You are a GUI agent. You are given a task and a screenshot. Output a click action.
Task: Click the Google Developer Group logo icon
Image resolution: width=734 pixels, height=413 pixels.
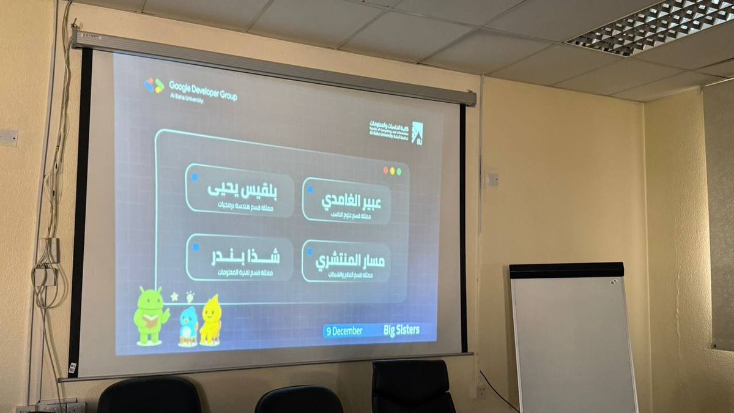(154, 85)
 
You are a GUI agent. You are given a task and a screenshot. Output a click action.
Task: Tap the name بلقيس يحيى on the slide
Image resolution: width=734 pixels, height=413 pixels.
(242, 189)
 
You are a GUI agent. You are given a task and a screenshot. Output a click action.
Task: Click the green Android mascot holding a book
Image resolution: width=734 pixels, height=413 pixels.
(149, 316)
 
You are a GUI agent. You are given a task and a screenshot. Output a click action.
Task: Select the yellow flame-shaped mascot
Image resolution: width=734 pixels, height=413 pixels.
(210, 320)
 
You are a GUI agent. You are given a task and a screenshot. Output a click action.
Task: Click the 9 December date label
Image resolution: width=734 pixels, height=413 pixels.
(344, 331)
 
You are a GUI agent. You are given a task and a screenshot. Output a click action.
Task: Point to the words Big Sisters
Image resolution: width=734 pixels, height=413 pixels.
(401, 330)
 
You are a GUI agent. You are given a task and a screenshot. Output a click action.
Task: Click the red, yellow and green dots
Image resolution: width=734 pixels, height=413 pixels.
(392, 171)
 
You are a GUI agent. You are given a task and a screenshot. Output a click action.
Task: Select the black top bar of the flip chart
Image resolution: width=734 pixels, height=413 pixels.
(566, 270)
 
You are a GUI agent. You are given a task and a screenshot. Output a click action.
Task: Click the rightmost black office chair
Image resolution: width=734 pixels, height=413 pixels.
(413, 386)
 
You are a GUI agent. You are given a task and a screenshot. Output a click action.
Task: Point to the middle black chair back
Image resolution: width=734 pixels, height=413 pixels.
(298, 400)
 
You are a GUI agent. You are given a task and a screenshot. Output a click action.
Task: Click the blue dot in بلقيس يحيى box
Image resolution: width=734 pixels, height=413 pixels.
(195, 177)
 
